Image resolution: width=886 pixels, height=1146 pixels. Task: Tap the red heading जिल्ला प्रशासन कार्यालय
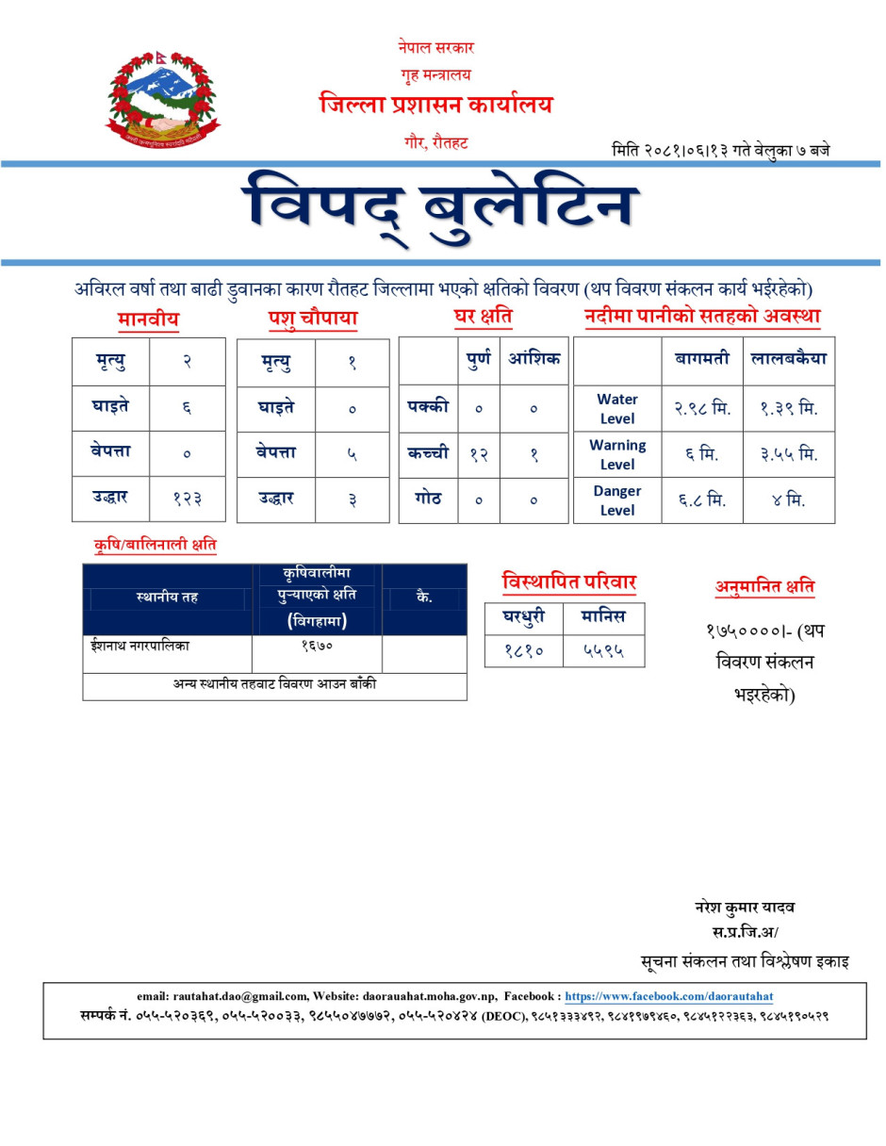click(x=435, y=105)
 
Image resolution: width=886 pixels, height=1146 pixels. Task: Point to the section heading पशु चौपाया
click(x=312, y=319)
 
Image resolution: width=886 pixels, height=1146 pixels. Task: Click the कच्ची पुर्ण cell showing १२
click(x=478, y=454)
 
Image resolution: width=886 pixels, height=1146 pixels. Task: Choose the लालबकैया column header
click(x=789, y=359)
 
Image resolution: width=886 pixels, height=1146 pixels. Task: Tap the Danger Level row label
click(x=617, y=500)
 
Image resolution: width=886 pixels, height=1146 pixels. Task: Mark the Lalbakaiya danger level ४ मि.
click(x=789, y=500)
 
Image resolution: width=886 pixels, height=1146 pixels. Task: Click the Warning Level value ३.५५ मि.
click(x=789, y=454)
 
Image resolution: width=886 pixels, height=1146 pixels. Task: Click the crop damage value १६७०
click(x=317, y=647)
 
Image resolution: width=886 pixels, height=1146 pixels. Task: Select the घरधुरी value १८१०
click(x=523, y=650)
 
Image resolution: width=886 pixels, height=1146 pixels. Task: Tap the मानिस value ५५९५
click(x=603, y=650)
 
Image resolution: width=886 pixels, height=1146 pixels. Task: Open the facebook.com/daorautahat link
click(x=669, y=996)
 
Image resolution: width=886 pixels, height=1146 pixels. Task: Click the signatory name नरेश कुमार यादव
click(x=745, y=908)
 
